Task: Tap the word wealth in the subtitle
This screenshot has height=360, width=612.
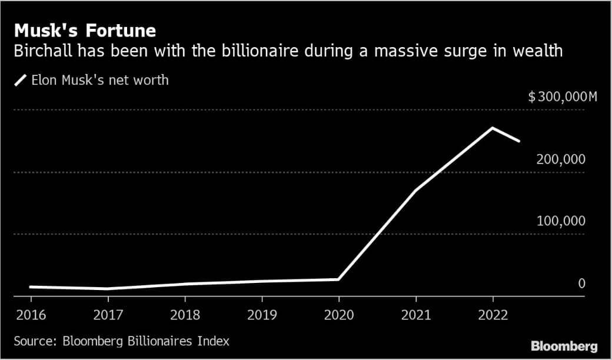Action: (x=537, y=51)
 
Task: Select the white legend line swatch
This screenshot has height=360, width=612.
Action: (x=21, y=80)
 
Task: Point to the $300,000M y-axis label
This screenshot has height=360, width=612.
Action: (x=562, y=97)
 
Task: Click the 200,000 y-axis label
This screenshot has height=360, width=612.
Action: (x=561, y=159)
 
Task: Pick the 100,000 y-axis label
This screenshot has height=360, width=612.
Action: (x=561, y=221)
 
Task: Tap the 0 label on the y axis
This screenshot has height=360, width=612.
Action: (x=581, y=284)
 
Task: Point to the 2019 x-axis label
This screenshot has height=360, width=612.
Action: (x=261, y=315)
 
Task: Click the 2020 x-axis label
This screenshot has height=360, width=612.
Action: (x=338, y=315)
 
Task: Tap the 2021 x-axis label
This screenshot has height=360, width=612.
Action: (x=415, y=315)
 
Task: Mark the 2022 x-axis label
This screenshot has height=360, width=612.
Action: (x=493, y=315)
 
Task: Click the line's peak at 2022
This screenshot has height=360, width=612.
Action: (x=493, y=128)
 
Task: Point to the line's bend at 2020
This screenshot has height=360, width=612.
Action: (x=338, y=279)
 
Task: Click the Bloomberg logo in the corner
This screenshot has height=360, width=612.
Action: (x=564, y=346)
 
